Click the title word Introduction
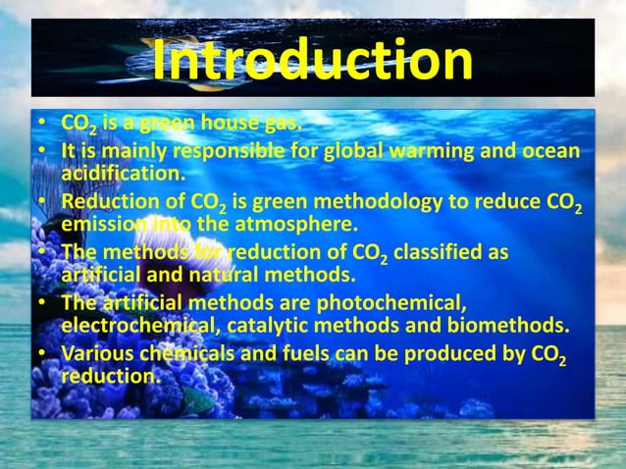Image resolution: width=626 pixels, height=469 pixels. (x=312, y=62)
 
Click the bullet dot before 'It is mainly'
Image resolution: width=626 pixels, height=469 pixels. (x=44, y=151)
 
